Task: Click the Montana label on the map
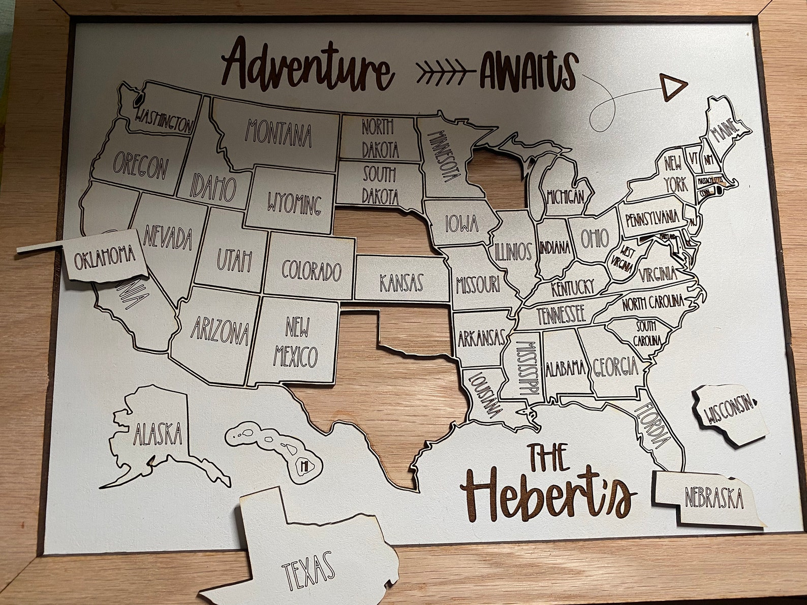pyautogui.click(x=278, y=132)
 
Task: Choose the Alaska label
pyautogui.click(x=158, y=434)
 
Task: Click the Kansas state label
pyautogui.click(x=401, y=282)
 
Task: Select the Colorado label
pyautogui.click(x=311, y=271)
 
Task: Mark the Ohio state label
pyautogui.click(x=594, y=238)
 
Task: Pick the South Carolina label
pyautogui.click(x=647, y=332)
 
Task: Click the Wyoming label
pyautogui.click(x=295, y=205)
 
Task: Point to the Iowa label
pyautogui.click(x=461, y=223)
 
